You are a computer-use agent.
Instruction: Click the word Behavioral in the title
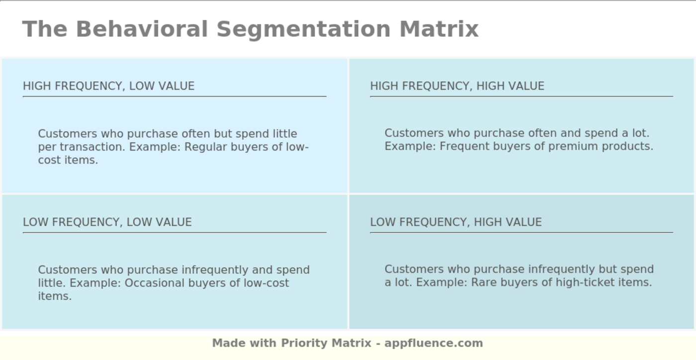(x=141, y=29)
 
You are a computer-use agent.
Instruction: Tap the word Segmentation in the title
(x=304, y=29)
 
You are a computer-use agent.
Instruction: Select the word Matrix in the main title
(x=438, y=29)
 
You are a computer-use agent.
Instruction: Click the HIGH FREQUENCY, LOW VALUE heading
(x=108, y=86)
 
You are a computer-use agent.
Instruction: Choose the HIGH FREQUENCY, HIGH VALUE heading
(x=457, y=86)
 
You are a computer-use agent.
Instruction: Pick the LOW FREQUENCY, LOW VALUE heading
(x=107, y=222)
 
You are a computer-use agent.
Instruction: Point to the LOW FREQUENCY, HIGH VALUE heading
(x=455, y=222)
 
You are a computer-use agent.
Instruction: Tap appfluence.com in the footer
(x=433, y=343)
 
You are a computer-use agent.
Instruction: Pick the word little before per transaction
(x=285, y=134)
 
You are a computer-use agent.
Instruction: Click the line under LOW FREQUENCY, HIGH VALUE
(x=521, y=232)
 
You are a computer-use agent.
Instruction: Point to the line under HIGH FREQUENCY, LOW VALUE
(x=174, y=96)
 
